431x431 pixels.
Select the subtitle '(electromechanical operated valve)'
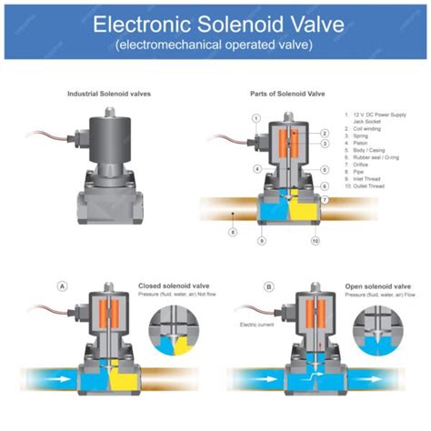(x=215, y=43)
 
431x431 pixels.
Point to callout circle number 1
(x=256, y=118)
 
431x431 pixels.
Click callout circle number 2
(x=325, y=134)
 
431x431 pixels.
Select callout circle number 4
(x=258, y=168)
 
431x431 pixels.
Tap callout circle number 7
(x=325, y=199)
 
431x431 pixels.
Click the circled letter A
(x=63, y=286)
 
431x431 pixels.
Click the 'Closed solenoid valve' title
(x=169, y=286)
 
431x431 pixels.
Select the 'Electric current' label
(x=256, y=325)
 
